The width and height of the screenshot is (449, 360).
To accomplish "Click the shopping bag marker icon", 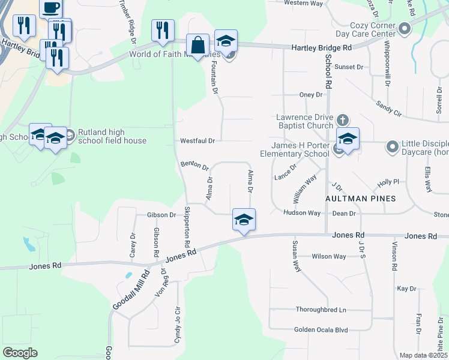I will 197,44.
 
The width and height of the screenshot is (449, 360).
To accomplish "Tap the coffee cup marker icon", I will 51,8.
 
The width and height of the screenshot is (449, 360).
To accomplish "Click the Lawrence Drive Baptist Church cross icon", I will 343,119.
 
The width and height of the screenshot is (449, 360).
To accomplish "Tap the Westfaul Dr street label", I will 197,141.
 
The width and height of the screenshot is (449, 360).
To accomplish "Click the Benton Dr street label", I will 194,165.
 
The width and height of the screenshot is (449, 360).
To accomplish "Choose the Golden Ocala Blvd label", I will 321,330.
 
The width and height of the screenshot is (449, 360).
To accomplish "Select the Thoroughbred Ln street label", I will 321,310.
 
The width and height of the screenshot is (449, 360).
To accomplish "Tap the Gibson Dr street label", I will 161,215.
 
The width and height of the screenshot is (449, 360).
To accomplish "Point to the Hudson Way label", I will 302,213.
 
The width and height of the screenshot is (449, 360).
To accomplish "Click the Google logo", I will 20,353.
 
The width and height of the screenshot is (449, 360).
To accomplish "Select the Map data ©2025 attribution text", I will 423,355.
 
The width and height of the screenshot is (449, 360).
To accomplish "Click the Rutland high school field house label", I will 109,137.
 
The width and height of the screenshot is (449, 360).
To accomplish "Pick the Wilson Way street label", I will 329,257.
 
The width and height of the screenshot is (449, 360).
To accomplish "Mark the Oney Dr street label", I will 311,95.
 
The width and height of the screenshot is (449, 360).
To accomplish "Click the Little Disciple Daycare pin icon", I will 393,146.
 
